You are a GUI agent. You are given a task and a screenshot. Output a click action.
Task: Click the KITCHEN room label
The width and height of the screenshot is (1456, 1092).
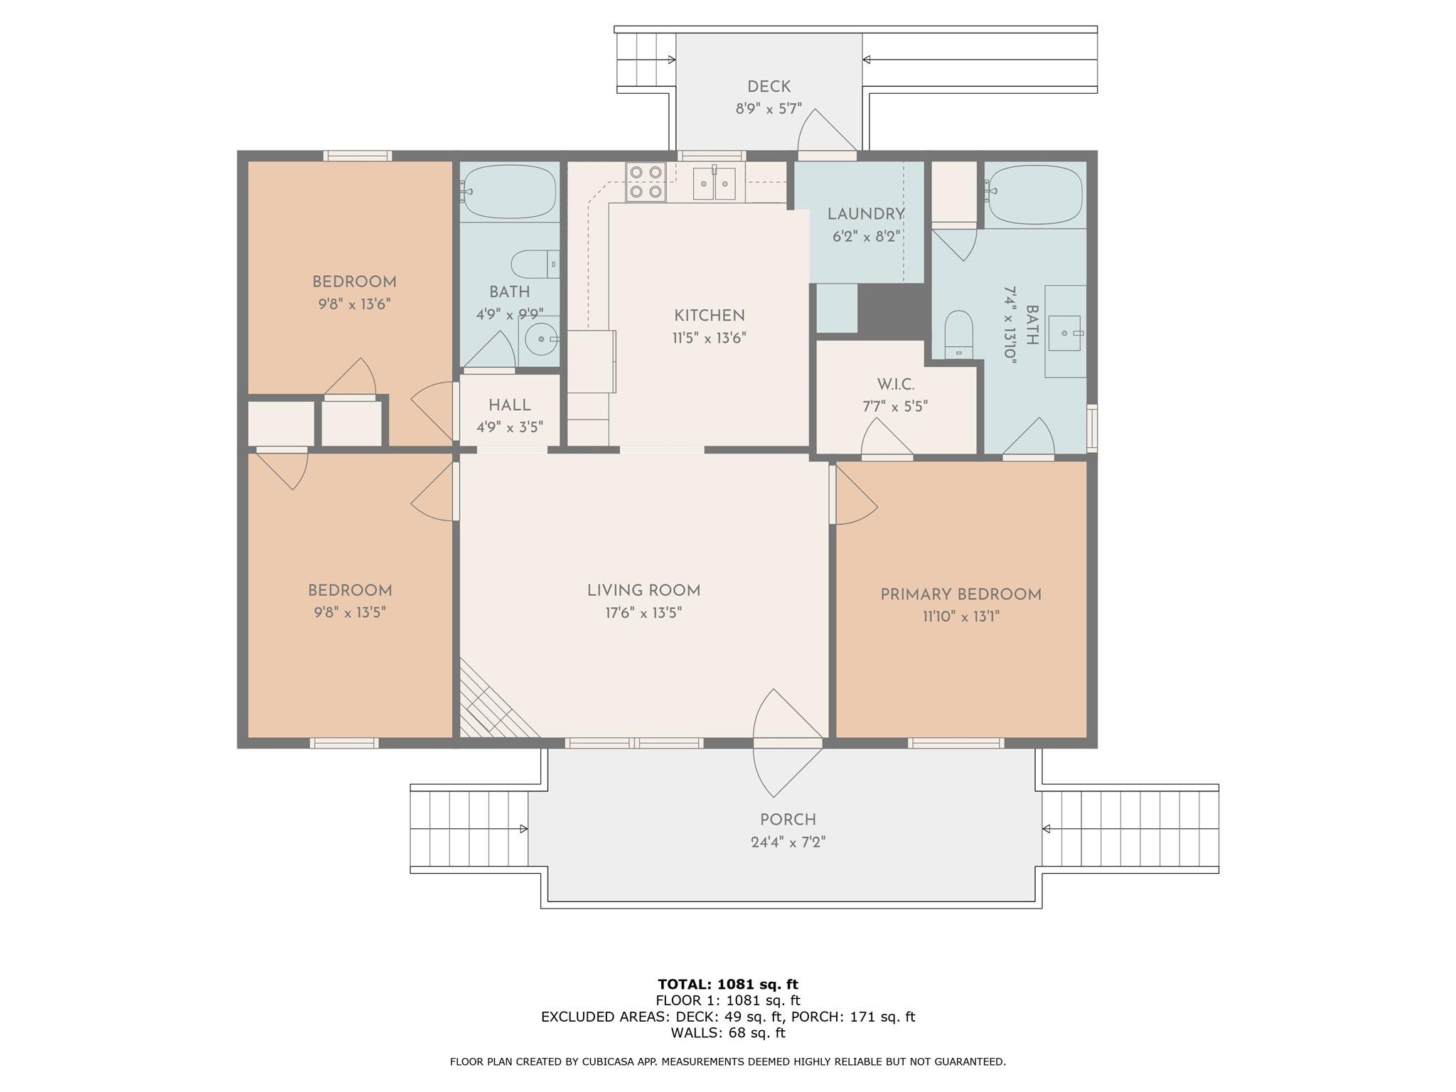(709, 315)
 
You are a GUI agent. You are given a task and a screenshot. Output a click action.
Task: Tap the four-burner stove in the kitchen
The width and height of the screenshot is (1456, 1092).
(646, 181)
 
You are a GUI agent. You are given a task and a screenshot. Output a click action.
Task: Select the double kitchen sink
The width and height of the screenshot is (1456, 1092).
(714, 184)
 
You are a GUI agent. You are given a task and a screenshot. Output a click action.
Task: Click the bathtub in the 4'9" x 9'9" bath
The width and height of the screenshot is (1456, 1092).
(509, 191)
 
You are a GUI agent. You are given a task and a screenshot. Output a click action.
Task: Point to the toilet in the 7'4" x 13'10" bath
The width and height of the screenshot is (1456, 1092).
(958, 333)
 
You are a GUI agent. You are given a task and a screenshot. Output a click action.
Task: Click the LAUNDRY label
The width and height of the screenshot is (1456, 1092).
(865, 214)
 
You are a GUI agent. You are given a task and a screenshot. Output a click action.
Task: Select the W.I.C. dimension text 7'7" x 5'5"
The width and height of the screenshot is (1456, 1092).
(895, 407)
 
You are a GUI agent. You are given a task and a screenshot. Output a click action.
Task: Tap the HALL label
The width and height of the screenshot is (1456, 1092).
(509, 405)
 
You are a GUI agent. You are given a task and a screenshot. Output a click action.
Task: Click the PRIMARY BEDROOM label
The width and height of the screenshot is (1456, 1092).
(960, 594)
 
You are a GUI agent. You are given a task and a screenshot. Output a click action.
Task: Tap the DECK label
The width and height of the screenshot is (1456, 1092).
(769, 87)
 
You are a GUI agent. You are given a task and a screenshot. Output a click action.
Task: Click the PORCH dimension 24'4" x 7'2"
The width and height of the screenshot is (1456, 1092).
(788, 842)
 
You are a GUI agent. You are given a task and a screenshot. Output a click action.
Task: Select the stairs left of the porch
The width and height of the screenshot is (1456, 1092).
(469, 829)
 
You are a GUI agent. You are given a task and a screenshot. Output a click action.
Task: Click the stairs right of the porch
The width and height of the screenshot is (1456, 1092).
(1130, 829)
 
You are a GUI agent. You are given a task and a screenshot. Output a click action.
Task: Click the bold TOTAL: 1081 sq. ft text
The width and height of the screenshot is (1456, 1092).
(727, 984)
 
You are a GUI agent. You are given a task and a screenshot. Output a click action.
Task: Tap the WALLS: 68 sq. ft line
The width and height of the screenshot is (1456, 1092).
(727, 1032)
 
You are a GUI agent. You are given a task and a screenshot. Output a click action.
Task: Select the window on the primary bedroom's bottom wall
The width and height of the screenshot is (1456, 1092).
(955, 743)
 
